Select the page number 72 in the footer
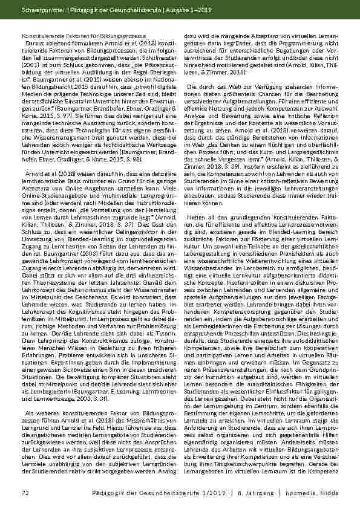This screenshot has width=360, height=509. [x=25, y=493]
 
